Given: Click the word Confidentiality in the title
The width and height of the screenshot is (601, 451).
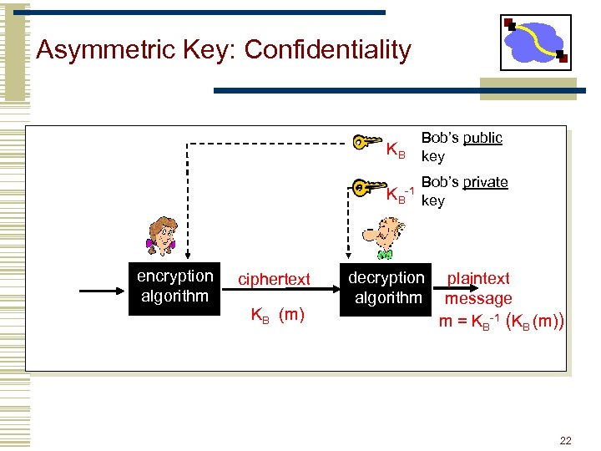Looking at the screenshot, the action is [328, 50].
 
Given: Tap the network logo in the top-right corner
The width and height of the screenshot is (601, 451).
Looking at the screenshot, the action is [535, 42].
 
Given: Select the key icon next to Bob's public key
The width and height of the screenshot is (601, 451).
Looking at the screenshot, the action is [367, 142].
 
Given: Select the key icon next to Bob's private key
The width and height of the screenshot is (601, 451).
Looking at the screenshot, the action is [367, 187].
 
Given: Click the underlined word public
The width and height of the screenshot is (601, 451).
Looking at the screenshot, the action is [483, 138].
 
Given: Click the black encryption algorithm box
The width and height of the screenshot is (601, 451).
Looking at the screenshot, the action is [175, 286].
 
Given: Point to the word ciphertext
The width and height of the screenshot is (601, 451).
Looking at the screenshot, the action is [274, 280].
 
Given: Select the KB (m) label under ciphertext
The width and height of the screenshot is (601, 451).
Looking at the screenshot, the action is [278, 315].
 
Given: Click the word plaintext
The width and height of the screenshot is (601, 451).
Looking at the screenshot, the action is [478, 278].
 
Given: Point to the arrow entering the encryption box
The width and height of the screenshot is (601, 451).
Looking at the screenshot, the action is [104, 291].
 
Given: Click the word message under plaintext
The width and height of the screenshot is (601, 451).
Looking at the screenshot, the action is [478, 298].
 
